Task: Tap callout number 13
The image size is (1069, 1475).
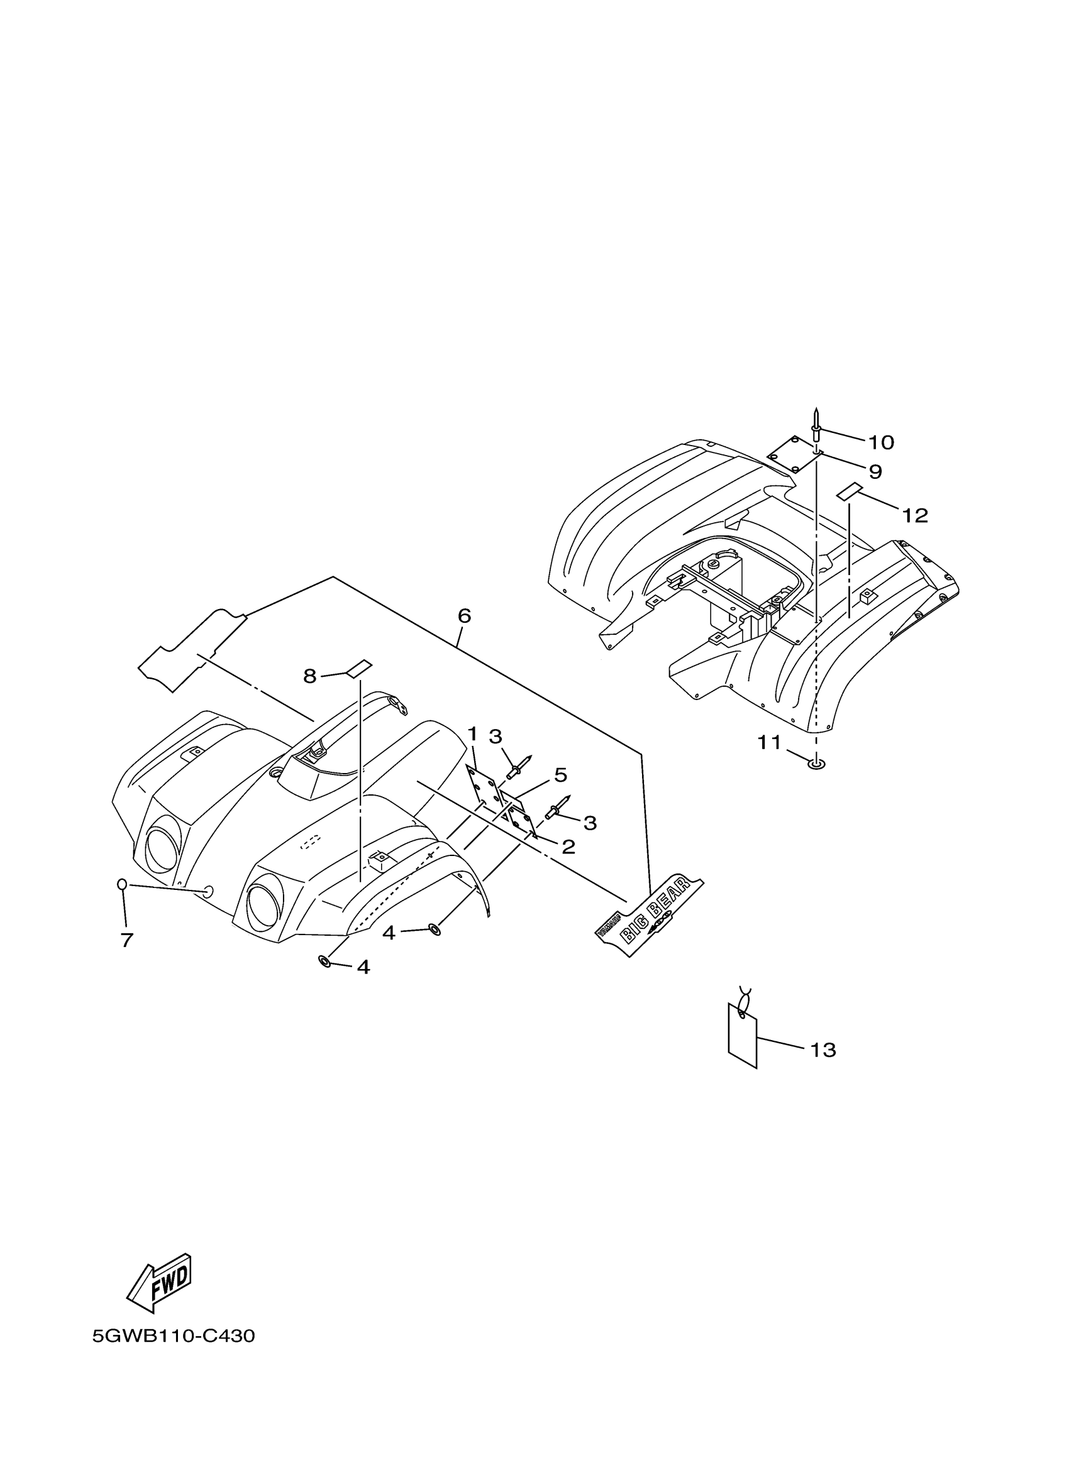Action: point(823,1050)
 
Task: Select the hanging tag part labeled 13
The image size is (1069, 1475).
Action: point(743,1034)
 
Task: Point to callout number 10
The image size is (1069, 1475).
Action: point(881,443)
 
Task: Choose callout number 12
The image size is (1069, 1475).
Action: point(914,516)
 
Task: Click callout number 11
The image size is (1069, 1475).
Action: point(769,742)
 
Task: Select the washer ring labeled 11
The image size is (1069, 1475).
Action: point(816,764)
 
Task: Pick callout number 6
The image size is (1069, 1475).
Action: point(464,616)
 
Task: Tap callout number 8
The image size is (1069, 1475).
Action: point(310,676)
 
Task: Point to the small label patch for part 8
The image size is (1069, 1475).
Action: point(358,667)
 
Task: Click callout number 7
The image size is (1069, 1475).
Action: point(127,940)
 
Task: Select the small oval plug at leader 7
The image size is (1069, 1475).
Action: point(121,884)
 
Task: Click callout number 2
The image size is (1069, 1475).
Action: point(568,847)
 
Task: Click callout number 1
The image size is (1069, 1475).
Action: point(472,735)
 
